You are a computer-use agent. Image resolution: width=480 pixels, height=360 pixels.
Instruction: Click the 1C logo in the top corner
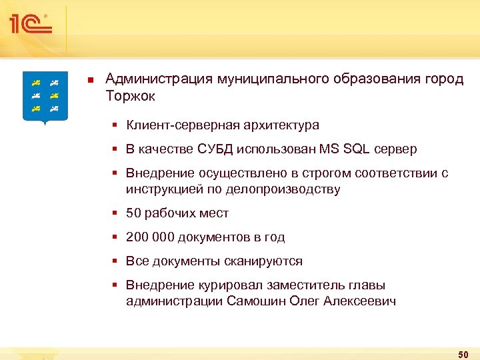30,24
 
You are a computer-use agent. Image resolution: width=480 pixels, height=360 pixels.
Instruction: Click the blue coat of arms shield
45,97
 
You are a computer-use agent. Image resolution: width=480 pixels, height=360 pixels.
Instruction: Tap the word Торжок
130,96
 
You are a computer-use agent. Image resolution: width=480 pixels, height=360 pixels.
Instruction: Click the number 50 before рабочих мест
133,213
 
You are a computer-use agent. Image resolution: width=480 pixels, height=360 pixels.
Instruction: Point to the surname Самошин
257,301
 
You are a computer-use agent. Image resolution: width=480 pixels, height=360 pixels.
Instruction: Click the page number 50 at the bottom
463,353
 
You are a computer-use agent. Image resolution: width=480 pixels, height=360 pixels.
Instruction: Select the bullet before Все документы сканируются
115,261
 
